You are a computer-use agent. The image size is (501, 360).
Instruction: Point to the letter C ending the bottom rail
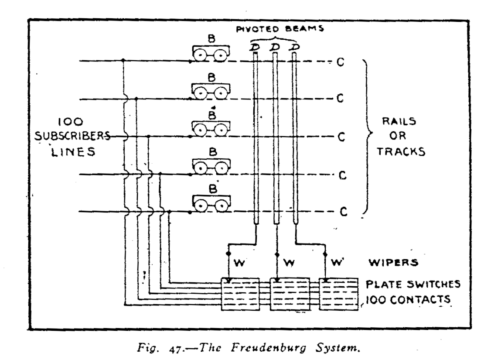click(x=343, y=212)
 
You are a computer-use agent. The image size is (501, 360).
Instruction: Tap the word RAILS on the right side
click(x=397, y=122)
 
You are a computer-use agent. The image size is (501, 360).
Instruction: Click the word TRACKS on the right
click(x=401, y=151)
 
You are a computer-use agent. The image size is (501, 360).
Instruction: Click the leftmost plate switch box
click(x=240, y=294)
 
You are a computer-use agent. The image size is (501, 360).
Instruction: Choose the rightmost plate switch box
click(x=339, y=294)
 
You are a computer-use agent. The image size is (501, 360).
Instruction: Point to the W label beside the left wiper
click(x=239, y=263)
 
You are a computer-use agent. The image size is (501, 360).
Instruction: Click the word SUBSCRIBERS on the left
click(x=72, y=136)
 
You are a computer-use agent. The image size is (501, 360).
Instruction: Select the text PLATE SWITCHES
click(x=412, y=284)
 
